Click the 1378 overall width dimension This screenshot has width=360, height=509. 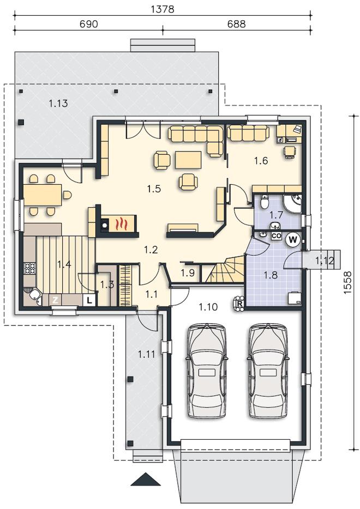point(163,9)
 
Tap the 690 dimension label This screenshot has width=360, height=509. point(88,25)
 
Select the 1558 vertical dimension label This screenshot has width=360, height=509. point(347,283)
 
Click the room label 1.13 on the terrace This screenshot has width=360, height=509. point(58,104)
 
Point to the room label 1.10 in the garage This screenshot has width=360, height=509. point(208,306)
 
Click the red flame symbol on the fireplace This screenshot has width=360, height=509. point(122,223)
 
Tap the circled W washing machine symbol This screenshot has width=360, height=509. point(293,240)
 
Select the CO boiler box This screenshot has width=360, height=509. point(276,236)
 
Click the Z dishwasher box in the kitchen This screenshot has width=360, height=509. point(56,300)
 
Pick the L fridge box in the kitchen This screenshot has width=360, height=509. point(89,300)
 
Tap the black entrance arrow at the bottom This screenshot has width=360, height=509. point(142,479)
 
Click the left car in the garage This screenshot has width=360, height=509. point(206,371)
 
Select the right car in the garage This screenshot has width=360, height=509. point(268,371)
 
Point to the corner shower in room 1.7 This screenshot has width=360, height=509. point(293,203)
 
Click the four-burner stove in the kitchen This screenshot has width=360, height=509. point(30,269)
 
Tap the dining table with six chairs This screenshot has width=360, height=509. point(43,195)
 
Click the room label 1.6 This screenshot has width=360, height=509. point(261,160)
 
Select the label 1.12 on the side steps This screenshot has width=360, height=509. point(325,260)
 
